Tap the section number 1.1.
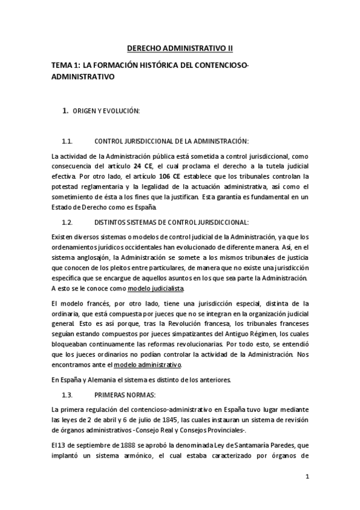[67, 141]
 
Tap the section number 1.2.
[67, 222]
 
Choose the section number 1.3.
[67, 395]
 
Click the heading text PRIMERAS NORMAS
[124, 395]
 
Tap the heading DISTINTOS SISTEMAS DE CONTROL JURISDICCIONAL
[166, 222]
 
